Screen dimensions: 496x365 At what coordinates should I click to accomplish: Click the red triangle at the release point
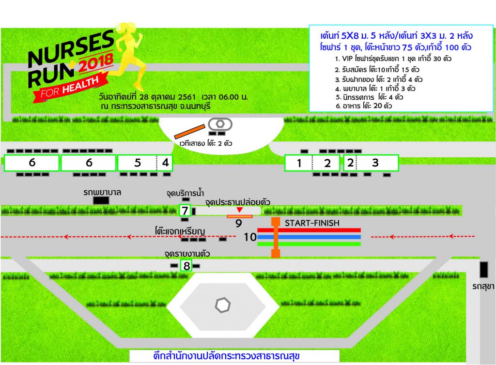point(240,210)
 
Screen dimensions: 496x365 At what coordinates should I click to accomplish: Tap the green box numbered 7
point(185,210)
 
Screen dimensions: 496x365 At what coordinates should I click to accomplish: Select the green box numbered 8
point(186,265)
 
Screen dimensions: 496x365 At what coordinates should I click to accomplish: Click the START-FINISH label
point(312,223)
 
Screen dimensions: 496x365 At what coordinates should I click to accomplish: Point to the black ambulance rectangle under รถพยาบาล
point(101,200)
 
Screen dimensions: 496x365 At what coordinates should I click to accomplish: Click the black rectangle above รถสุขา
point(484,270)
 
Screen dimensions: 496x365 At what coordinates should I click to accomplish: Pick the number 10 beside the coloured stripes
point(250,237)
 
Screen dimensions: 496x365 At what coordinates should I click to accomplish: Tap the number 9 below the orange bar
point(239,224)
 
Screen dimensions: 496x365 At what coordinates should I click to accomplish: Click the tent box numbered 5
point(137,163)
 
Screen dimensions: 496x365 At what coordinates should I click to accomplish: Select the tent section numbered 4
point(165,163)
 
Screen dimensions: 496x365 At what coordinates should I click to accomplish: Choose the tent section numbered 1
point(298,163)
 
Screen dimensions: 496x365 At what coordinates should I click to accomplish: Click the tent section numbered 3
point(377,163)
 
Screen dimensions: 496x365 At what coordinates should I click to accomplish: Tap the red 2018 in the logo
point(96,62)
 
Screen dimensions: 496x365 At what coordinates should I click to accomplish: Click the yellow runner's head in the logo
point(129,28)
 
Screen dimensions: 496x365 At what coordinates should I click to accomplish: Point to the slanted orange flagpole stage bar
point(189,132)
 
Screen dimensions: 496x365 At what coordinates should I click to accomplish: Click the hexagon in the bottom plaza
point(223,305)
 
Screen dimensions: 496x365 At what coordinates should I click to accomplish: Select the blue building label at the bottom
point(226,356)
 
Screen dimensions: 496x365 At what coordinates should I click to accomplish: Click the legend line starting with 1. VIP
point(393,59)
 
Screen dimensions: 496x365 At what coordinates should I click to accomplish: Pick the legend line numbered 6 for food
point(364,106)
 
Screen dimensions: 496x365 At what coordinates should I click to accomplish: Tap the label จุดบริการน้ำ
point(185,193)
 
